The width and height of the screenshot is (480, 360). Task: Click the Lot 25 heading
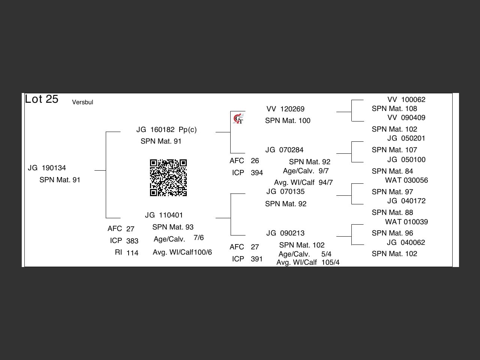pos(42,99)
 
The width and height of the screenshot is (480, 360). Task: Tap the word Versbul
pos(82,102)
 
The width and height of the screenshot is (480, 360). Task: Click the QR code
pos(168,178)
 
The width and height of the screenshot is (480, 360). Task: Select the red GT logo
pos(238,119)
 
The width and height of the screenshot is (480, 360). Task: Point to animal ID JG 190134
pos(47,168)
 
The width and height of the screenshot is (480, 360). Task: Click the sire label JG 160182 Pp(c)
pos(166,130)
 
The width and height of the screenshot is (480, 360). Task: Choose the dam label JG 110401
pos(164,215)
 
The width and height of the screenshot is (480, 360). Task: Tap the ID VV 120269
pos(285,109)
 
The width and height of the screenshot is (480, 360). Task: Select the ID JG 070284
pos(284,150)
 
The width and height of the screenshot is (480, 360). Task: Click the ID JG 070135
pos(285,192)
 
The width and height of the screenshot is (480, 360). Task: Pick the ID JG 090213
pos(285,233)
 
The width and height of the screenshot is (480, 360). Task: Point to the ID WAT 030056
pos(406,180)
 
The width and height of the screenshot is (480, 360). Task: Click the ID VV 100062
pos(406,100)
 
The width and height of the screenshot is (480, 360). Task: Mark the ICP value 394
pos(257,173)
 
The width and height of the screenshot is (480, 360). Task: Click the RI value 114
pos(132,253)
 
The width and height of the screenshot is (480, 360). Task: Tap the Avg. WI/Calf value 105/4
pos(330,262)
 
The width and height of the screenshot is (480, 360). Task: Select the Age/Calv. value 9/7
pos(324,171)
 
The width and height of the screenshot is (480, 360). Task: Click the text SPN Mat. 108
pos(394,109)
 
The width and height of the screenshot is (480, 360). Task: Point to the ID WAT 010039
pos(406,222)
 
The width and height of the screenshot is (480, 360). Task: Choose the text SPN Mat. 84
pos(392,171)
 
